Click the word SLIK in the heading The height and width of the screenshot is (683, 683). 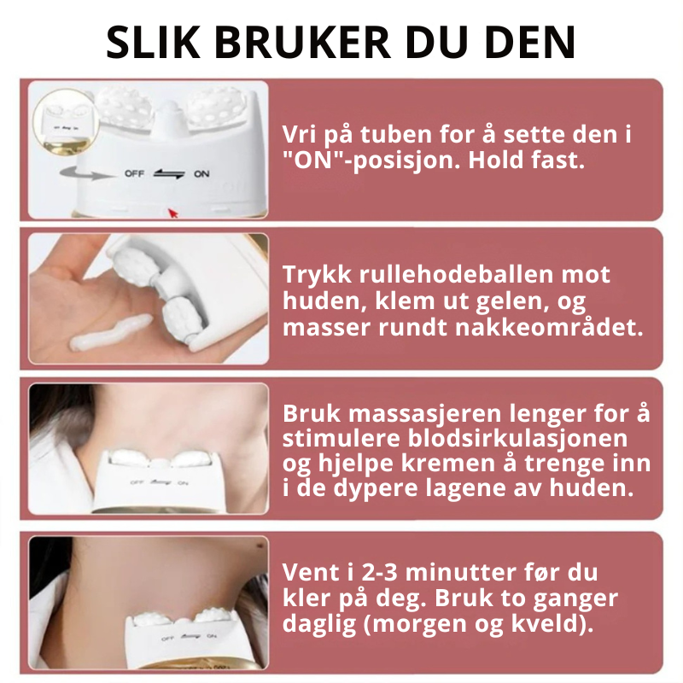point(154,42)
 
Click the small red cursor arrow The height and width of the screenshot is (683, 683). point(173,213)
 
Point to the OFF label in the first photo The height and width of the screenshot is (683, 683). point(134,173)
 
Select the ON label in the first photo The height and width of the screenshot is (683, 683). point(201,174)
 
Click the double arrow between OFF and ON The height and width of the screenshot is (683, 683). point(169,174)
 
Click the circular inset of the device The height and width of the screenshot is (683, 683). point(66,122)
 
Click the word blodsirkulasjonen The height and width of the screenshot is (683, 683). point(517,438)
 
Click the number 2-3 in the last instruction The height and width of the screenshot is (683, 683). point(380,573)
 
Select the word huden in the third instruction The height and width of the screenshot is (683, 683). point(591,487)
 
